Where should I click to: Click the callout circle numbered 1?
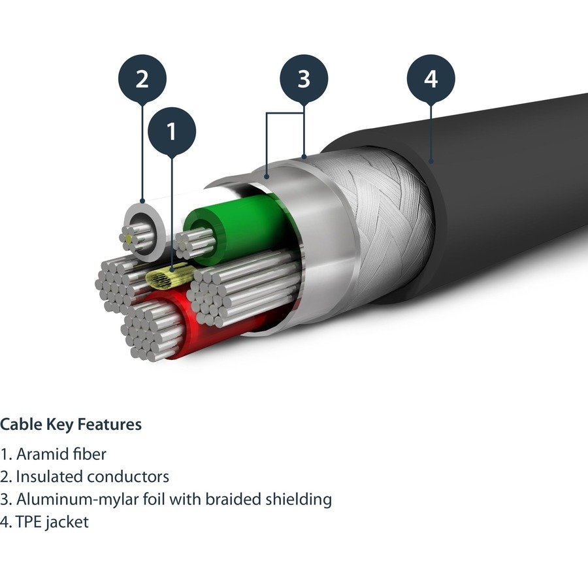pos(171,132)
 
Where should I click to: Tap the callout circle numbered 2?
pos(142,80)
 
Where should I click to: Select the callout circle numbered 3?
pos(304,80)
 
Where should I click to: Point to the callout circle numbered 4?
pos(431,80)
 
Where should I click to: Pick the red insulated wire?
pos(189,327)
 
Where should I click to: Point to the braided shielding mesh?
pos(379,209)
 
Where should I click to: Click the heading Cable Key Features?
pos(71,425)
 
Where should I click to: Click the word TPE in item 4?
pos(29,523)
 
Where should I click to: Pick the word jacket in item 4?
pos(67,523)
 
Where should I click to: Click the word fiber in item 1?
pos(89,454)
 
